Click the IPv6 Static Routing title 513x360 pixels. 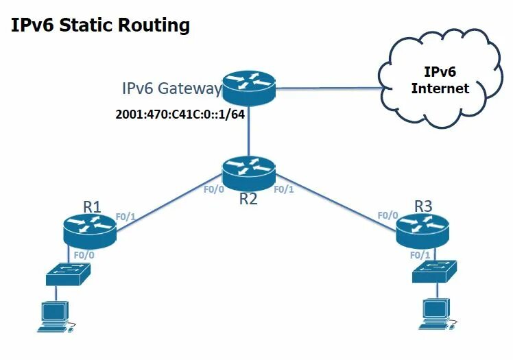click(100, 26)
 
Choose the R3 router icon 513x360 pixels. click(422, 230)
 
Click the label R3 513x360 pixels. click(424, 205)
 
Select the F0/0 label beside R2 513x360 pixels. click(214, 189)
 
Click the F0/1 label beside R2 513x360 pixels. click(283, 189)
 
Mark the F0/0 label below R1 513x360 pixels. click(84, 254)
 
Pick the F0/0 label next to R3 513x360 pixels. click(387, 215)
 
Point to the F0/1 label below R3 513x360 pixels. click(420, 254)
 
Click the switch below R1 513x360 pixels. click(67, 274)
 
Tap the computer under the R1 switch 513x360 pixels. click(55, 316)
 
